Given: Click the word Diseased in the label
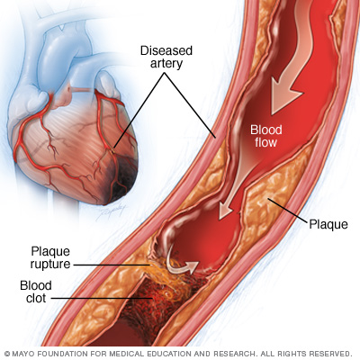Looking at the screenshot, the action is click(166, 50).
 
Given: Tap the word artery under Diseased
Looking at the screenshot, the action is click(166, 64).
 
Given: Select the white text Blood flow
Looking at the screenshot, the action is click(266, 136).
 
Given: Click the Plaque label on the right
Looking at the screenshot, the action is click(328, 224).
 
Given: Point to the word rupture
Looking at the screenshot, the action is click(50, 265).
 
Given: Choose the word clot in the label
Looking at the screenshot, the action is click(36, 298).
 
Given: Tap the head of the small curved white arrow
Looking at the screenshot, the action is click(193, 266).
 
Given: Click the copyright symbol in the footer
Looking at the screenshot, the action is click(7, 354).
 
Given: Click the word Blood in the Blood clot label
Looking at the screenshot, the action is click(36, 285).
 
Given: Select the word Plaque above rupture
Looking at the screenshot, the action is click(50, 251).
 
